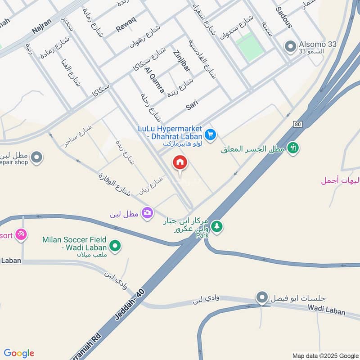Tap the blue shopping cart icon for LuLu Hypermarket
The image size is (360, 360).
tap(211, 134)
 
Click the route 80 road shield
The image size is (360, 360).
tap(298, 124)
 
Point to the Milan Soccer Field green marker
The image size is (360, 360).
tap(116, 246)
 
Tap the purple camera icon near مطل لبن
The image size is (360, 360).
tap(147, 213)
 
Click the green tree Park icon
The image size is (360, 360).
tap(217, 226)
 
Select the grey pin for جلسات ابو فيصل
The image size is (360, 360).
tap(262, 297)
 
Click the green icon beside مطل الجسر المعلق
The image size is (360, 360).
tap(293, 148)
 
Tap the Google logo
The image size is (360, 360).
tap(19, 353)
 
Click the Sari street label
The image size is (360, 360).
tap(192, 106)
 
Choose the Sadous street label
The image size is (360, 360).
tap(284, 17)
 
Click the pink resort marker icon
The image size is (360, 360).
tap(21, 234)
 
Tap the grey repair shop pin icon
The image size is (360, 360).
tap(37, 157)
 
